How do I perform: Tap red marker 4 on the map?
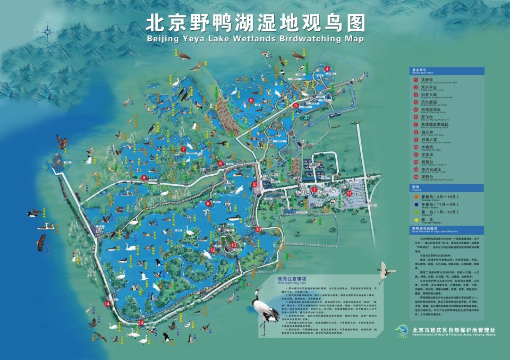pyautogui.click(x=327, y=68)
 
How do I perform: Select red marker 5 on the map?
pyautogui.click(x=251, y=100)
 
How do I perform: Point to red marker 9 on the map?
pyautogui.click(x=144, y=177)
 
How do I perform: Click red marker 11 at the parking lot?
pyautogui.click(x=349, y=193)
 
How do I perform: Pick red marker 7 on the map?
pyautogui.click(x=183, y=149)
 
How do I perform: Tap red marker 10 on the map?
pyautogui.click(x=258, y=229)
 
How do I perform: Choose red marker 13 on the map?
pyautogui.click(x=234, y=245)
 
